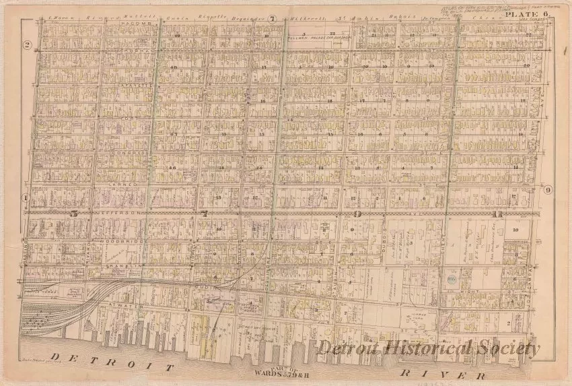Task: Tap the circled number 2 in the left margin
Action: point(28,45)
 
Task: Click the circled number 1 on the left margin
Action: point(26,198)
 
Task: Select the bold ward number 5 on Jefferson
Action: point(75,214)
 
